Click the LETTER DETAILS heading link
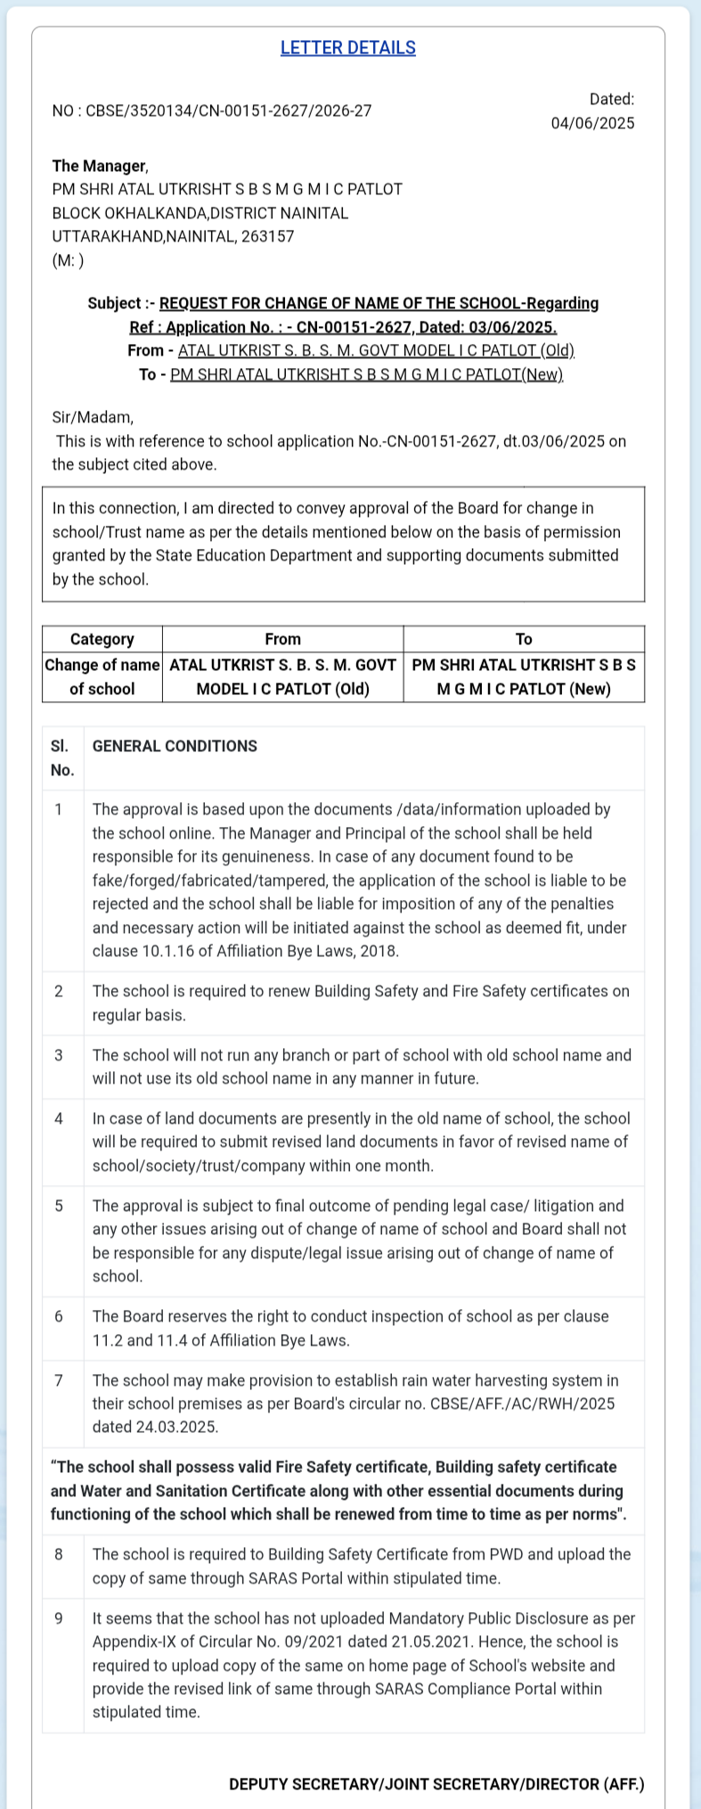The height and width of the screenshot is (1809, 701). click(347, 48)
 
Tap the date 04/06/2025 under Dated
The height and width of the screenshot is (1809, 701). click(592, 124)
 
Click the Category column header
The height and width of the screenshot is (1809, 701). click(102, 640)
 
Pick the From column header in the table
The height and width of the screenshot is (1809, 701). click(282, 640)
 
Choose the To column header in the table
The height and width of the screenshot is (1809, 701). click(524, 640)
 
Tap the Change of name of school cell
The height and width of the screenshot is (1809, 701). click(102, 677)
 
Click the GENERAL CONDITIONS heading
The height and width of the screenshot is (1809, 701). click(175, 747)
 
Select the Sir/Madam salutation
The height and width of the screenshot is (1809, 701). click(93, 417)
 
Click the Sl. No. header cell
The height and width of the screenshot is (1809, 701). click(62, 758)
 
